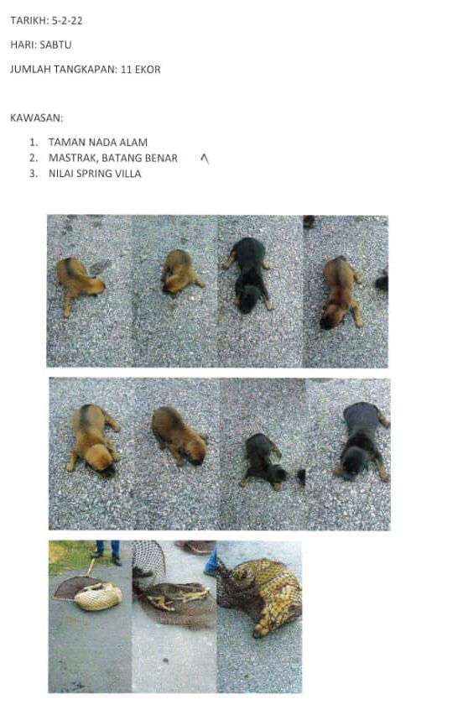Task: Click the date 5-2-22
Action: (x=67, y=21)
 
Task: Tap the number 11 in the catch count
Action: (x=126, y=70)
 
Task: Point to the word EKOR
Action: (x=148, y=70)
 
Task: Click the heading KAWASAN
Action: (x=37, y=118)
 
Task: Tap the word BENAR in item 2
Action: (x=162, y=159)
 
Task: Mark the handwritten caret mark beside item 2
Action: (x=205, y=159)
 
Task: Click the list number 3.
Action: (x=33, y=174)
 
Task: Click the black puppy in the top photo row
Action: (x=248, y=274)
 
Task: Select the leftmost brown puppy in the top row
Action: (x=79, y=283)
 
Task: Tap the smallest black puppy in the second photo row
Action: (x=263, y=461)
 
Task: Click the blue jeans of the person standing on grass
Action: (x=109, y=549)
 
